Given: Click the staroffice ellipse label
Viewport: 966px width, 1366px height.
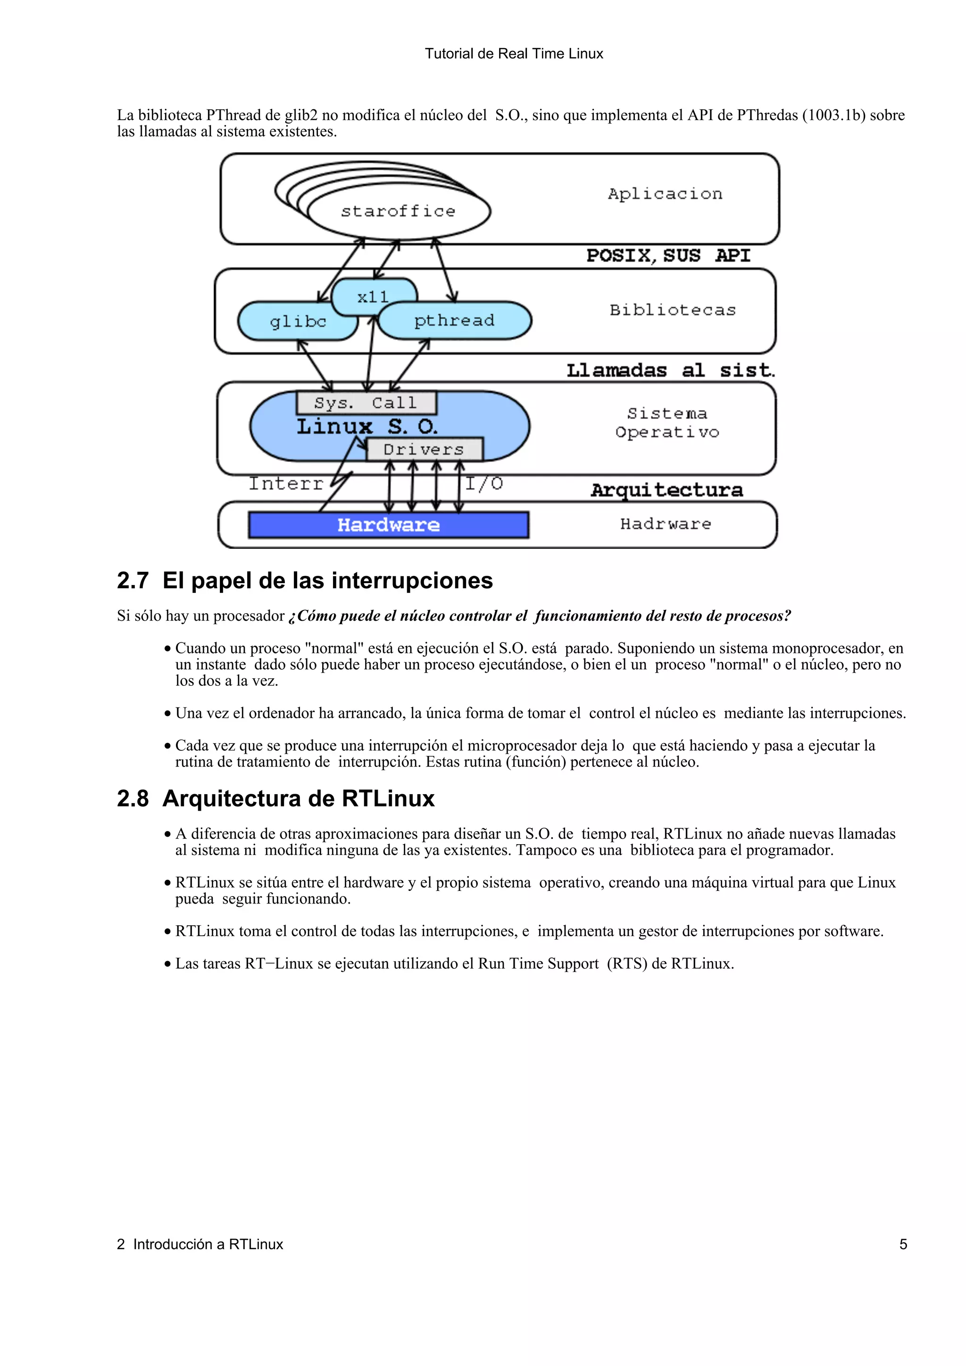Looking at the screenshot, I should tap(398, 211).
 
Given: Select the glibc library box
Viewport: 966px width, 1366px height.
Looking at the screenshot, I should tap(298, 322).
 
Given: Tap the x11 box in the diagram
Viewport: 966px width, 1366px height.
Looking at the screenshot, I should tap(373, 297).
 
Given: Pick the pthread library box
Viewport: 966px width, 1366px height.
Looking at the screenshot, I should tap(454, 321).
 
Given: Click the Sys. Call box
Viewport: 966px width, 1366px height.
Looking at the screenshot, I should tap(366, 403).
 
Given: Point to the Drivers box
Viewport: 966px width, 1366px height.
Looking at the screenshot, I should tap(424, 449).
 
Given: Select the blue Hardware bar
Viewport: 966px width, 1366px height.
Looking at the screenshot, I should tap(388, 525).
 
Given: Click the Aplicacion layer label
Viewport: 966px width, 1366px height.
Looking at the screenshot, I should tap(665, 194).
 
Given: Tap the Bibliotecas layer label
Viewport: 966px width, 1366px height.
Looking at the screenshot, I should tap(673, 310).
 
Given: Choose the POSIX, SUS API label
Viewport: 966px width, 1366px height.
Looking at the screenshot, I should tap(668, 256).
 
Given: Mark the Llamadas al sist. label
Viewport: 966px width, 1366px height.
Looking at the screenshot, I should tap(670, 370).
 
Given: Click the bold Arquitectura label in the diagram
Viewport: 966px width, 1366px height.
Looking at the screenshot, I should tap(666, 490).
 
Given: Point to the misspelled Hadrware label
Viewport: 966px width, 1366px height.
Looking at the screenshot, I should tap(666, 524).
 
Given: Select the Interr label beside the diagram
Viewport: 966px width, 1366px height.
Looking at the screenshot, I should tap(286, 484).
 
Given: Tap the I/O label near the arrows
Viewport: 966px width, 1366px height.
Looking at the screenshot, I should tap(484, 484).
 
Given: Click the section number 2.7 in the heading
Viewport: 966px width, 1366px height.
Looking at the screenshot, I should tap(132, 581).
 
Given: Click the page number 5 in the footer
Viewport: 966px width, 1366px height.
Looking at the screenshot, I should tap(902, 1244).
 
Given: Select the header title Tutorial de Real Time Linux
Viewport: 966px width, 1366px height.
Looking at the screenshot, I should tap(514, 54).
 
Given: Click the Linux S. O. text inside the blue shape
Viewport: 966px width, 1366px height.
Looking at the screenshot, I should tap(367, 427).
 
